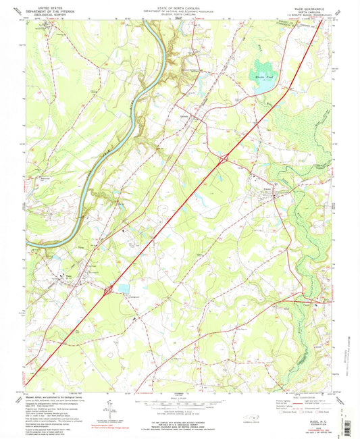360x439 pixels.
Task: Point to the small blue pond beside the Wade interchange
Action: click(123, 288)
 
